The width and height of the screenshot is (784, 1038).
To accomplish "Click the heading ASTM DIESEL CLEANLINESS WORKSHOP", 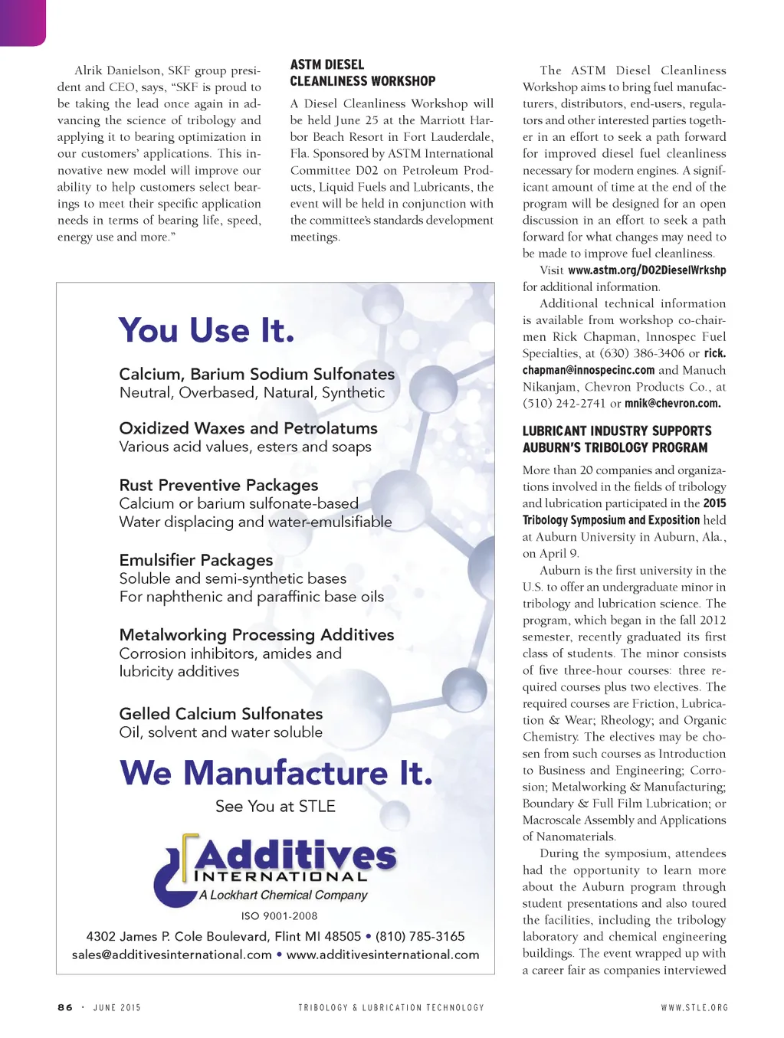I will coord(362,73).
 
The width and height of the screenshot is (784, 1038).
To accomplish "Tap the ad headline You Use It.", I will coord(206,331).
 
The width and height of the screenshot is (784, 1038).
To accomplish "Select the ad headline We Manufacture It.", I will coord(276,772).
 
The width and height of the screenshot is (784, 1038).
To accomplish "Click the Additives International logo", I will coord(275,869).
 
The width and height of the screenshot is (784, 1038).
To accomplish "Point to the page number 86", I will coord(65,1007).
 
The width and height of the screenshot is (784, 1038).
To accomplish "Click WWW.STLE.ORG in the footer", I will coord(694,1007).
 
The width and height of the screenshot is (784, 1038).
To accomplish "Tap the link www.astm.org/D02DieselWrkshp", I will coord(647,270).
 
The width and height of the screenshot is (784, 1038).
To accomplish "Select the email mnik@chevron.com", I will coord(672,404).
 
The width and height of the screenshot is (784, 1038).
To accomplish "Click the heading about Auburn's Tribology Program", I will coord(617,439).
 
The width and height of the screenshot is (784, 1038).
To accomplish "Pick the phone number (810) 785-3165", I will coord(420,936).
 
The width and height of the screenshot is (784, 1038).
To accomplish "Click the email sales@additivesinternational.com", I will coord(172,955).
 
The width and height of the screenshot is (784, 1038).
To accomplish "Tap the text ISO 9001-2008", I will coord(279,915).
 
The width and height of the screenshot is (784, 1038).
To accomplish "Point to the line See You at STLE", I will coord(275,806).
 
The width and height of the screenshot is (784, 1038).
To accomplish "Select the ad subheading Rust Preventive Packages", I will coord(218,485).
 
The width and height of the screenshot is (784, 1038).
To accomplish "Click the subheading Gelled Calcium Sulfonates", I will coord(221,713).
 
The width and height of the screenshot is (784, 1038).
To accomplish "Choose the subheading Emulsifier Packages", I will coord(196,560).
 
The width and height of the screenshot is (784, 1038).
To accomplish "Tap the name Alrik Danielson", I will coord(117,70).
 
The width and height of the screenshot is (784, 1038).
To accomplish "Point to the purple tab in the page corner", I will coord(22,21).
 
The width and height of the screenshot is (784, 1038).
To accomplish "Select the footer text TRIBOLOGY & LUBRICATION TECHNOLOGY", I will coord(391,1007).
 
